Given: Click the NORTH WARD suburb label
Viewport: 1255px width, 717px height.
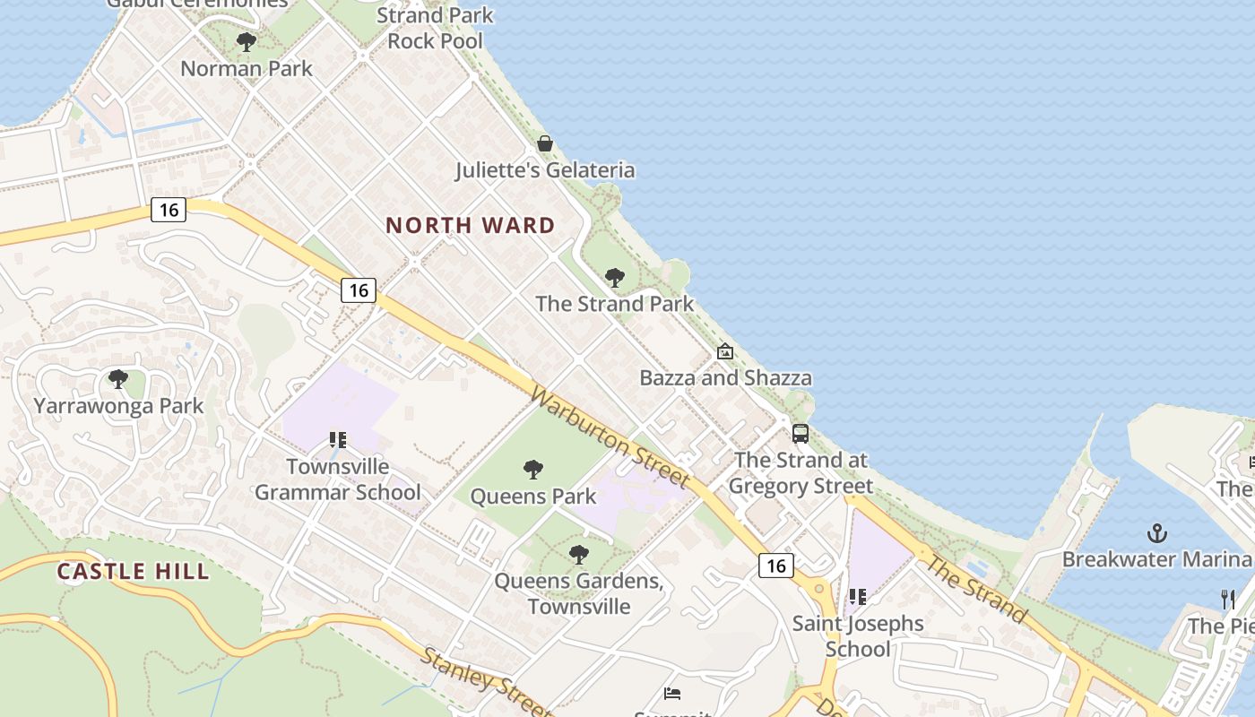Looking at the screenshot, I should tap(471, 225).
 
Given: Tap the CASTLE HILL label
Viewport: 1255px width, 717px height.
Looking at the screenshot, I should tap(133, 571).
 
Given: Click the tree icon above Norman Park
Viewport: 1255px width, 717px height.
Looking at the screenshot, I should tap(246, 41).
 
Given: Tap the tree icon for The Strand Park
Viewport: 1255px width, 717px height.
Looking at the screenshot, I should tap(614, 277).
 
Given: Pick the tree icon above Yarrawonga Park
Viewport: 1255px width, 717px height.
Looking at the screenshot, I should tap(117, 379).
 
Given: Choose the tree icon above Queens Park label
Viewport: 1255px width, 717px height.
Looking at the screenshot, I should tap(533, 469).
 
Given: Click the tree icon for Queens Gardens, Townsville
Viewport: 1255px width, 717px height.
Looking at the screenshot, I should tap(579, 554).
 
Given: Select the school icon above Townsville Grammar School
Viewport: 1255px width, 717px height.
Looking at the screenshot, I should tap(338, 440).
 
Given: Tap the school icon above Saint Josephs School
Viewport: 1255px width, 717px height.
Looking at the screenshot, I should tap(858, 596).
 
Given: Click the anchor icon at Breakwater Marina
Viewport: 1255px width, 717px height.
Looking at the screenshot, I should tap(1156, 533).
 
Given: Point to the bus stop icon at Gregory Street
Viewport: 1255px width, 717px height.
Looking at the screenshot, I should tap(801, 434).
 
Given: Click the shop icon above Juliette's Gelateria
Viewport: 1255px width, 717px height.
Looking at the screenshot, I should tap(545, 143).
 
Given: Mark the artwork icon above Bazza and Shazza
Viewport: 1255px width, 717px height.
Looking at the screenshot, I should tap(725, 351).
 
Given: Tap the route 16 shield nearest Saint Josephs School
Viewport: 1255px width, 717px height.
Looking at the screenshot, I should tap(775, 565).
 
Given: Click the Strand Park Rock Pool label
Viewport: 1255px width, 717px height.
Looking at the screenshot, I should tap(435, 28).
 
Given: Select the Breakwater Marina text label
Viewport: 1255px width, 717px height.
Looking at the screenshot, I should tap(1156, 559).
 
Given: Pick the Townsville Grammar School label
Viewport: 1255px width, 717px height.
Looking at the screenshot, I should tap(338, 479).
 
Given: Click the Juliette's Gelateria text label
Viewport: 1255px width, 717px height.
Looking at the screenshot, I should tap(545, 170).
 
